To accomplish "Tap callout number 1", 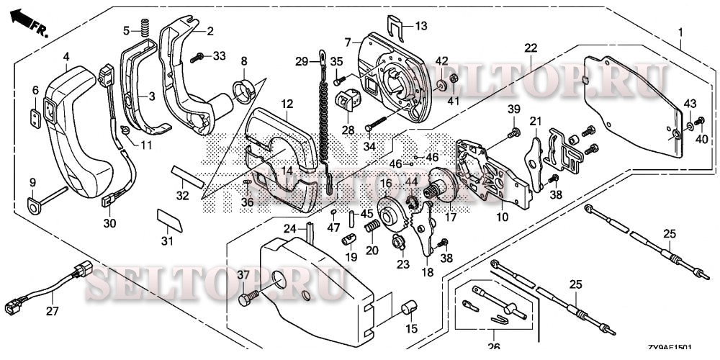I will point(680,32).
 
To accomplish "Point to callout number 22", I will point(531,48).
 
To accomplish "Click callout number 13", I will point(420,25).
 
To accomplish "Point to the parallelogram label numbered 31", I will point(170,220).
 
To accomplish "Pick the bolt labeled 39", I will point(514,133).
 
